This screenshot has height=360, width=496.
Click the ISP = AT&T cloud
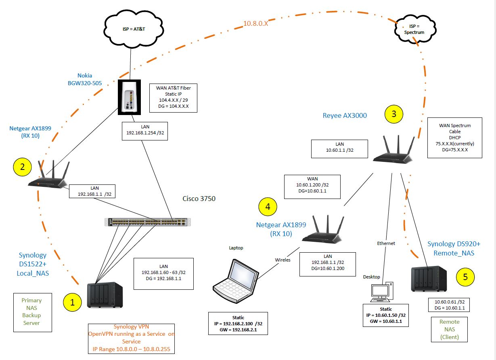pyautogui.click(x=134, y=29)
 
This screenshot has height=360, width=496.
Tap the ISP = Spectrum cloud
pyautogui.click(x=415, y=29)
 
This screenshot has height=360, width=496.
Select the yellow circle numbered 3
pyautogui.click(x=394, y=114)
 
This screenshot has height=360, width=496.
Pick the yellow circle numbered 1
pyautogui.click(x=72, y=302)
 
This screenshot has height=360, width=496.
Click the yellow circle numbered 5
pyautogui.click(x=465, y=277)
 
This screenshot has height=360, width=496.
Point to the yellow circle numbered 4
pyautogui.click(x=268, y=207)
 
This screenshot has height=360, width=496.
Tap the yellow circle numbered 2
pyautogui.click(x=22, y=167)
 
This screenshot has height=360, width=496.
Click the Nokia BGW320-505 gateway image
pyautogui.click(x=129, y=97)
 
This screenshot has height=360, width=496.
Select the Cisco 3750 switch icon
pyautogui.click(x=147, y=222)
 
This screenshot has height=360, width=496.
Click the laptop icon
pyautogui.click(x=236, y=281)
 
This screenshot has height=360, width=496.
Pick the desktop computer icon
pyautogui.click(x=382, y=292)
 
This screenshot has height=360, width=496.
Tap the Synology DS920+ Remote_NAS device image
pyautogui.click(x=429, y=279)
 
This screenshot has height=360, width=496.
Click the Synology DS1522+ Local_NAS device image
pyautogui.click(x=105, y=295)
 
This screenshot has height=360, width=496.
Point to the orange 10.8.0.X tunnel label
pyautogui.click(x=256, y=23)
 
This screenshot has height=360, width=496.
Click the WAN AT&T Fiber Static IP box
pyautogui.click(x=174, y=98)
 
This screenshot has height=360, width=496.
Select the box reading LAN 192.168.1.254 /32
pyautogui.click(x=145, y=131)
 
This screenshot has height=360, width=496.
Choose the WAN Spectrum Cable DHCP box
pyautogui.click(x=455, y=138)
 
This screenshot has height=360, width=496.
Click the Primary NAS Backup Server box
pyautogui.click(x=33, y=313)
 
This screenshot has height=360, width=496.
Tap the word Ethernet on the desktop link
pyautogui.click(x=386, y=243)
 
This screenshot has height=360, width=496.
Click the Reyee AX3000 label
pyautogui.click(x=345, y=115)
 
